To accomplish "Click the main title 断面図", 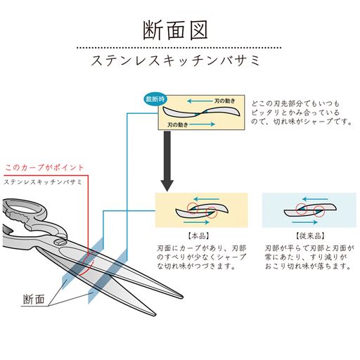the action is pos(175,30).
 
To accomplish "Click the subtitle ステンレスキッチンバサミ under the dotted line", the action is pos(176,60).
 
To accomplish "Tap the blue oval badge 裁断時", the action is pos(155,99).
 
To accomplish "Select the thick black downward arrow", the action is pos(167,161).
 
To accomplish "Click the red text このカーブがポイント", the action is pos(44,167).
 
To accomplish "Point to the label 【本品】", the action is pos(198,236).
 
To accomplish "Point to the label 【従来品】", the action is pos(310,236).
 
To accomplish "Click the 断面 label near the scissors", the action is pos(34,299).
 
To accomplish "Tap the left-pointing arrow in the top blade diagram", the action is pos(200,101).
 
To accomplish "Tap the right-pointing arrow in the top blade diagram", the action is pos(202,124).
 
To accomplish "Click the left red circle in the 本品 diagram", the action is pos(193,208).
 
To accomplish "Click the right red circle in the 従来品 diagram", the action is pos(319,211).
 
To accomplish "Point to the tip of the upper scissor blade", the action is pos(182,297).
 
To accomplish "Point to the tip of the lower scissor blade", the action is pos(155,314).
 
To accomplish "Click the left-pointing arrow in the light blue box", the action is pos(315,200).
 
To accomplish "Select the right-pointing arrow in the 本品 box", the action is pos(196,222).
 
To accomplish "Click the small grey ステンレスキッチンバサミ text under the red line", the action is pos(43,182).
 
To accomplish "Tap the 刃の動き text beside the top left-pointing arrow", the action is pos(225,101).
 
